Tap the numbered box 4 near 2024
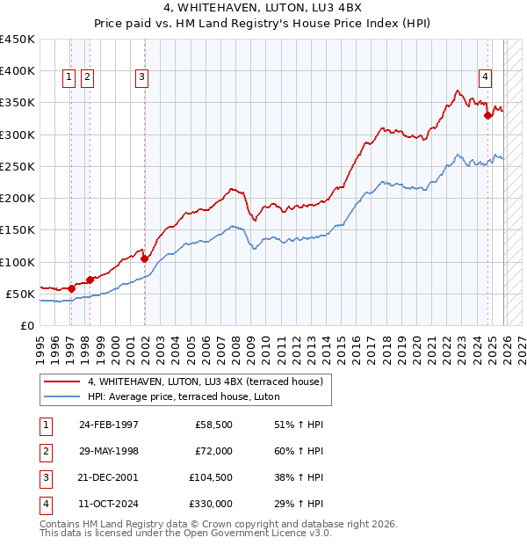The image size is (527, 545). [x=485, y=77]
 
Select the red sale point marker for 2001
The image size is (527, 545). [x=145, y=258]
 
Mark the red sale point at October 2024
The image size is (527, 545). [x=487, y=114]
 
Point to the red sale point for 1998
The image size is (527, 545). [x=90, y=280]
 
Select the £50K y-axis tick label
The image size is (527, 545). [x=19, y=294]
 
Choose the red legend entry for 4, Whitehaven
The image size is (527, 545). [x=206, y=381]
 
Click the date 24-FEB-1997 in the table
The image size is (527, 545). [x=108, y=425]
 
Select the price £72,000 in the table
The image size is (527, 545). [x=213, y=450]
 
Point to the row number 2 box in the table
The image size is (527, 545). [x=45, y=450]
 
